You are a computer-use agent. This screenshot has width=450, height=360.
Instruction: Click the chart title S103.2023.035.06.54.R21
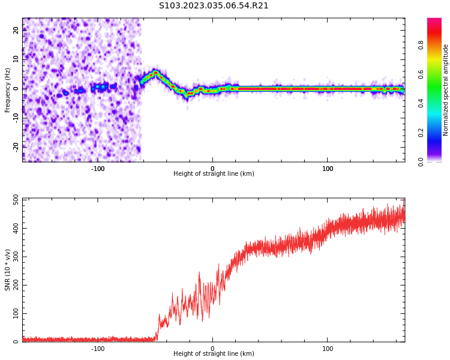(214, 6)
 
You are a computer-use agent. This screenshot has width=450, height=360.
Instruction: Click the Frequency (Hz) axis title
(8, 90)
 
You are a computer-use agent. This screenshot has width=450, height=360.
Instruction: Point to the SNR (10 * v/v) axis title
(8, 270)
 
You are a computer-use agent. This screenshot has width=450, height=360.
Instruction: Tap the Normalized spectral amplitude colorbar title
(446, 90)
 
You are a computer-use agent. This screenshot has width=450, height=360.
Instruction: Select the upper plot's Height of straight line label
(214, 174)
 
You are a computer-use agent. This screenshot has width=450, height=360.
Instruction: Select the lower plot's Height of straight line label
(214, 354)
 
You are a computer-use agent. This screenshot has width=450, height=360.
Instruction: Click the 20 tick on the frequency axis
(16, 31)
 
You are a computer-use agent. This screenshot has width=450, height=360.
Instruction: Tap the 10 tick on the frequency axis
(16, 59)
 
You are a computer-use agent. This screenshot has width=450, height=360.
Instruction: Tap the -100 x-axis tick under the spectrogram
(98, 169)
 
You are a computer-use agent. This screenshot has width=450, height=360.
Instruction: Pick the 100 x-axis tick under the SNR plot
(328, 349)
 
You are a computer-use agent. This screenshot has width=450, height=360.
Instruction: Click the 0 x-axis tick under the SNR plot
(212, 349)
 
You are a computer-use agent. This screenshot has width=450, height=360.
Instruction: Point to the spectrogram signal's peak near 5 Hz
(155, 73)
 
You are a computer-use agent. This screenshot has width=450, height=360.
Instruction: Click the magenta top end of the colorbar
(434, 21)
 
